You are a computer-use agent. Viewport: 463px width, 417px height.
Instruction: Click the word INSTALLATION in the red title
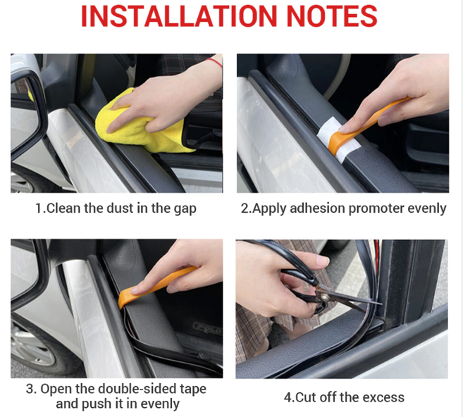179,16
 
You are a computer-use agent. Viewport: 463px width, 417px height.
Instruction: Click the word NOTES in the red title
332,16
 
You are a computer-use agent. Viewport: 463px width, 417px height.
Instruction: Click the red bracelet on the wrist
214,62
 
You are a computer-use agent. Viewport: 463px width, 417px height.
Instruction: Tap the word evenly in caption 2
426,209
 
